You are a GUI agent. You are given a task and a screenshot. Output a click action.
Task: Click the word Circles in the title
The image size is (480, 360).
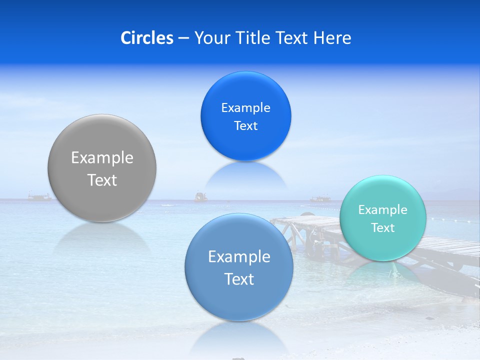(147, 38)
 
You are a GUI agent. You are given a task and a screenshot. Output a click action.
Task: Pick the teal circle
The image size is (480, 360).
(382, 245)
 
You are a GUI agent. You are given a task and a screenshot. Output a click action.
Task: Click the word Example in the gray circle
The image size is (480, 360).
(102, 158)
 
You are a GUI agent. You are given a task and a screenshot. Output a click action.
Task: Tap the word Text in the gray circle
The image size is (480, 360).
(102, 180)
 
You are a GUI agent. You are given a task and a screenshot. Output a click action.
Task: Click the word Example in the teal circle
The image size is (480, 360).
(382, 210)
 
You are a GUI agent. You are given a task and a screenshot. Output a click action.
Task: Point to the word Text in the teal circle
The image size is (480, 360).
(383, 228)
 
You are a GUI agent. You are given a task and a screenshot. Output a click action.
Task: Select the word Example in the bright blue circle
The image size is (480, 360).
(245, 108)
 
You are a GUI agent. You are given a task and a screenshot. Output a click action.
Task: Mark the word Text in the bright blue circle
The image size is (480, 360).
(245, 126)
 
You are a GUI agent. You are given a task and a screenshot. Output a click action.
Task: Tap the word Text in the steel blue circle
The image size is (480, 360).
(239, 279)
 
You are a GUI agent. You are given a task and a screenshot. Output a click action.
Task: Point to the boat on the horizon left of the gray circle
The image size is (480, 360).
(39, 197)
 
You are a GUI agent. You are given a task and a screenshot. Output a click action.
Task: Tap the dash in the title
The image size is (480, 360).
(183, 38)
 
